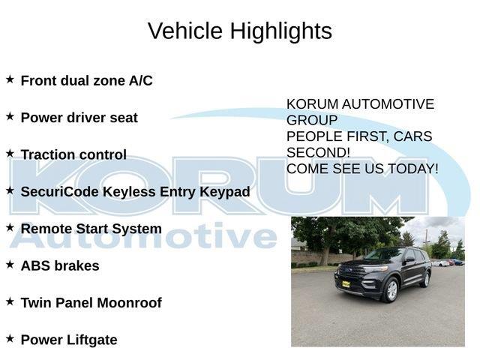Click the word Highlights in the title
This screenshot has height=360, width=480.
281,31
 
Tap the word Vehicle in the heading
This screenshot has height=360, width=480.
185,31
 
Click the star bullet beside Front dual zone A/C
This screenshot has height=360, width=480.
10,79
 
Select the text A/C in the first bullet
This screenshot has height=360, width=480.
141,81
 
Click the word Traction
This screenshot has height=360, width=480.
46,155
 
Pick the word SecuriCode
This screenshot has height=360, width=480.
59,192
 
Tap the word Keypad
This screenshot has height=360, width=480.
225,192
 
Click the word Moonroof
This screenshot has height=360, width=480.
129,303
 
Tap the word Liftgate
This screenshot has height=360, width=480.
91,340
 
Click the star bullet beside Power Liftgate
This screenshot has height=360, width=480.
10,338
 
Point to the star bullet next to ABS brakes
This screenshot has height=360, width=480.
10,264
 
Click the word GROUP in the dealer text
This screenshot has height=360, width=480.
312,120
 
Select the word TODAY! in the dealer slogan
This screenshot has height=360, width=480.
413,169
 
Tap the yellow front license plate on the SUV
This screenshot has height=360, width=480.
346,284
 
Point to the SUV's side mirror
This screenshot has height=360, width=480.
409,259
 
